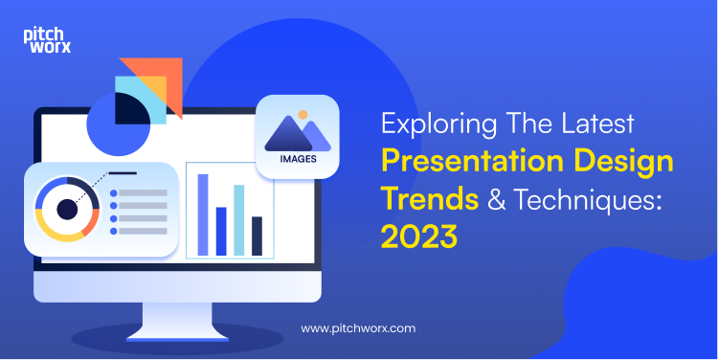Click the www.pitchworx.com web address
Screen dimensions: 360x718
click(x=358, y=327)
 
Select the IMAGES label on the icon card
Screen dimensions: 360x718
click(x=298, y=158)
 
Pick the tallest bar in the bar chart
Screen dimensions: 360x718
click(x=203, y=214)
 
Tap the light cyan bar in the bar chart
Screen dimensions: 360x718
click(x=238, y=220)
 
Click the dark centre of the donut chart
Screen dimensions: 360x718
click(x=67, y=209)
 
